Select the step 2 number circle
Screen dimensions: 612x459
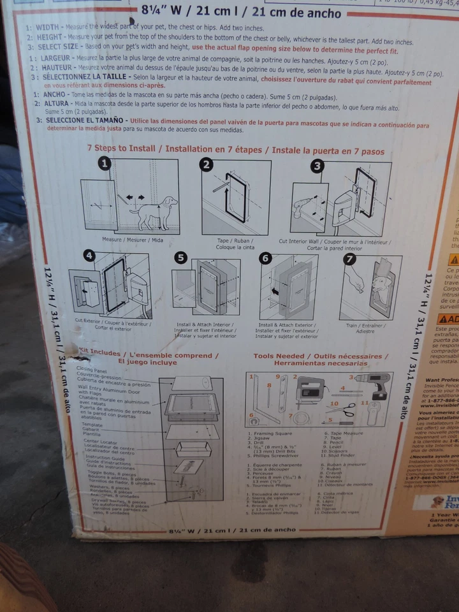(x=205, y=165)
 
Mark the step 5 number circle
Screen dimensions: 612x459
(x=181, y=258)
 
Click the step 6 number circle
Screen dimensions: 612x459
(x=266, y=258)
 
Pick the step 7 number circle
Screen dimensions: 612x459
(x=350, y=259)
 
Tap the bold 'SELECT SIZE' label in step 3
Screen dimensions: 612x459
(x=58, y=47)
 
